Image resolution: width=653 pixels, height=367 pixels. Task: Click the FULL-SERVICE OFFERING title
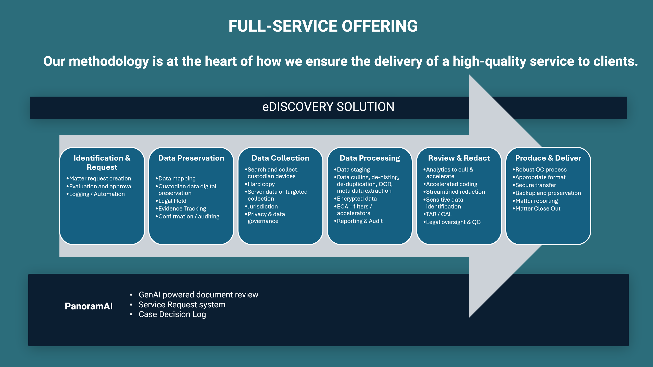coord(323,26)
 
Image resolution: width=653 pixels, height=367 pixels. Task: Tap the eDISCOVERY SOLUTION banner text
coord(328,107)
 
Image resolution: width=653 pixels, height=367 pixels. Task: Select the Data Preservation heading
coord(191,158)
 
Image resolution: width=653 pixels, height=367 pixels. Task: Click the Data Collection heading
coord(280,158)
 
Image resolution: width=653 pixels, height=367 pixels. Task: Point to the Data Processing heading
coord(370,158)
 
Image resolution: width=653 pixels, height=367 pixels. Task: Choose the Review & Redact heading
coord(459,158)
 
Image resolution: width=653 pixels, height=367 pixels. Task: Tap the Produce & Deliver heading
coord(548,158)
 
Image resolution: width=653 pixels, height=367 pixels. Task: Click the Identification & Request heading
coord(102,163)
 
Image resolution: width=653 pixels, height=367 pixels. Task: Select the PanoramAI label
coord(89,306)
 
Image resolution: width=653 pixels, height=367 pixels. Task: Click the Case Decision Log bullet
coord(172,314)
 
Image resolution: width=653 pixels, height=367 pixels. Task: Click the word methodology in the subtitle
coord(109,62)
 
